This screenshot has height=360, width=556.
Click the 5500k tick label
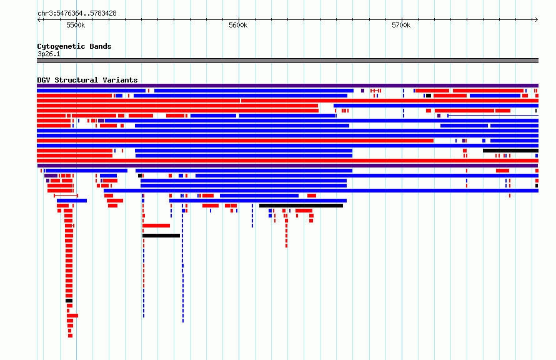pos(76,25)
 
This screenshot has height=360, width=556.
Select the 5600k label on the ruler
pos(238,25)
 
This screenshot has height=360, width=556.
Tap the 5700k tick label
pos(401,25)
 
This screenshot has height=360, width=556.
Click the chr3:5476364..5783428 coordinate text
pos(77,14)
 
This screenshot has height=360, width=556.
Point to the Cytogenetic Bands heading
pos(74,46)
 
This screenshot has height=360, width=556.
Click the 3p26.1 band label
pos(49,54)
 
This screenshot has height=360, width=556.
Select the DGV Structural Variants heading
pos(87,80)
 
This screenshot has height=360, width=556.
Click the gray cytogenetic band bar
pos(287,61)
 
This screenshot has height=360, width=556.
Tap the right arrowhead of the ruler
pos(537,19)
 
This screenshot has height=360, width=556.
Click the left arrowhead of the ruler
pos(39,19)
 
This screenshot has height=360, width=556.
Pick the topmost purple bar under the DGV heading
pos(287,86)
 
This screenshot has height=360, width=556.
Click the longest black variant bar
pos(301,206)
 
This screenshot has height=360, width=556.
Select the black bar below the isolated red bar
pos(161,236)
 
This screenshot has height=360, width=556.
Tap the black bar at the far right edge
pos(510,151)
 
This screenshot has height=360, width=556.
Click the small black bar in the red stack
pos(69,301)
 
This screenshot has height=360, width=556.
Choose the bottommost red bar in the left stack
pos(70,336)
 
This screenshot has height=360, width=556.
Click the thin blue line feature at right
pos(493,116)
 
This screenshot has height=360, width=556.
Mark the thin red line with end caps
pos(66,196)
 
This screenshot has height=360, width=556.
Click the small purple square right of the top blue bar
pos(362,91)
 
